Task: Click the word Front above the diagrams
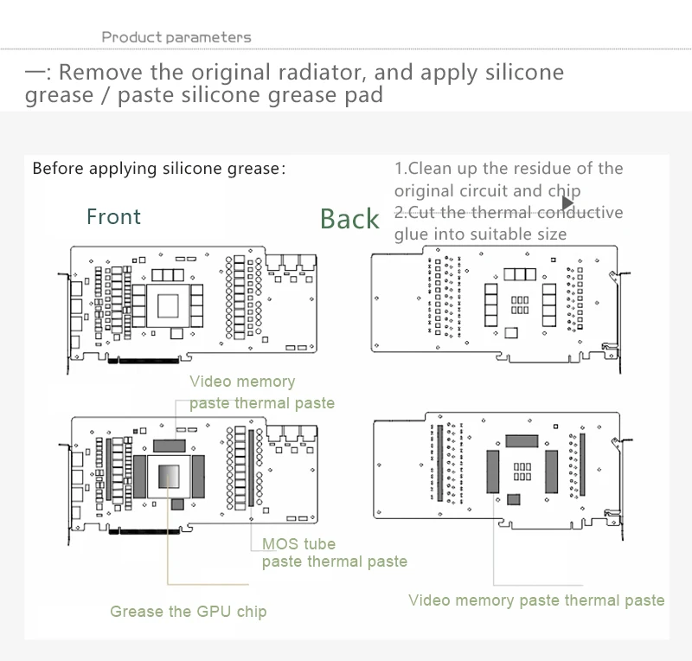click(113, 216)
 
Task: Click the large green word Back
click(349, 219)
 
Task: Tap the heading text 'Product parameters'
click(176, 37)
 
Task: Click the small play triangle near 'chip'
click(567, 202)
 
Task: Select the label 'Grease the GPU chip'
click(188, 612)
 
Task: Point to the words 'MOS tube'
click(298, 544)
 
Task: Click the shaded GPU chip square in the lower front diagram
click(170, 477)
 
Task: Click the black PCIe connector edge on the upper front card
click(143, 360)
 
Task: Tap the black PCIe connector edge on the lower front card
click(143, 531)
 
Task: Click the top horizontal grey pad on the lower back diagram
click(521, 441)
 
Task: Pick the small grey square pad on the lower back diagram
click(515, 499)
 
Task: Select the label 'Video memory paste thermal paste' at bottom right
click(536, 600)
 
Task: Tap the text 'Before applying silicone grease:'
click(158, 168)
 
